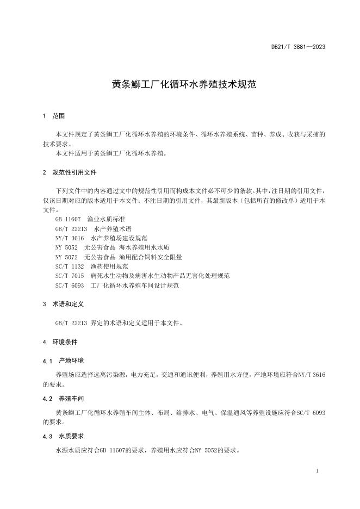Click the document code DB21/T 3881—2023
tap(298, 47)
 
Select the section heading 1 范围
tap(54, 116)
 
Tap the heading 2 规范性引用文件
tap(69, 172)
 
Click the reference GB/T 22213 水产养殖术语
tap(93, 229)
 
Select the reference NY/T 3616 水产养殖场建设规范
tap(101, 238)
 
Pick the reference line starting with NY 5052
tap(112, 247)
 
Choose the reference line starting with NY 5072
tap(119, 257)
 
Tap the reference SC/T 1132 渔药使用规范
tap(91, 266)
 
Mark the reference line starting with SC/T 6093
tap(117, 285)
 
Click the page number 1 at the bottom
tap(317, 470)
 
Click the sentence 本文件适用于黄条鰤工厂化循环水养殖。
tap(111, 153)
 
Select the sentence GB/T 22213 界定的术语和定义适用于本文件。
tap(119, 323)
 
